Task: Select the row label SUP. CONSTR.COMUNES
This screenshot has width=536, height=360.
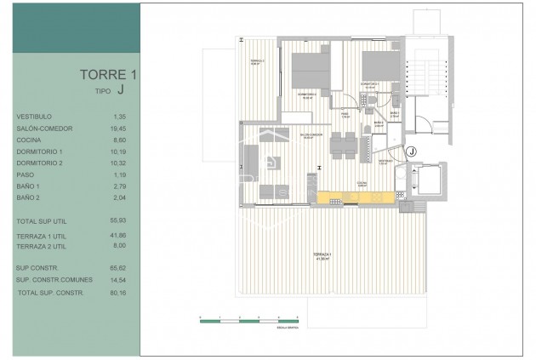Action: click(48, 279)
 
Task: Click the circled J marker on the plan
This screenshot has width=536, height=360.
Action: click(411, 151)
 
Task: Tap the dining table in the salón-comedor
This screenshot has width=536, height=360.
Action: click(344, 145)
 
